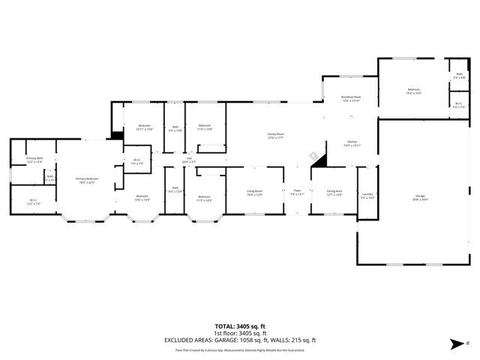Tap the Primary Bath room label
pos(35,159)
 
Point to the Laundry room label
pos(367,196)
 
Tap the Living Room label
pos(255,193)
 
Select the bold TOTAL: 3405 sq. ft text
pos(240,326)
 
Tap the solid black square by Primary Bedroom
pos(116,135)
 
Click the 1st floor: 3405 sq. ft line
pos(240,333)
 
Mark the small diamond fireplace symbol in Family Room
pos(312,155)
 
